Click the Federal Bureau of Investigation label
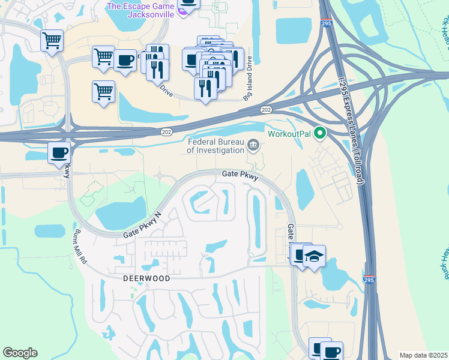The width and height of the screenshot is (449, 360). (215, 146)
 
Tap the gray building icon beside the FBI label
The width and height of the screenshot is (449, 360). (253, 144)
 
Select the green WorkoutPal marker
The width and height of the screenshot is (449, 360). (320, 133)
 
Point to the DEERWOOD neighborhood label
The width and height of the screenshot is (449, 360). (146, 279)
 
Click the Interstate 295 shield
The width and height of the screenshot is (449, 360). (370, 280)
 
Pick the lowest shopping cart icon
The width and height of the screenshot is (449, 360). (103, 92)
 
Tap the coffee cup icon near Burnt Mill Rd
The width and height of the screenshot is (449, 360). (59, 152)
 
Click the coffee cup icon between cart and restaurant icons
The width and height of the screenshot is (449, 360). (125, 59)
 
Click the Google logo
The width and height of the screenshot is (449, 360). (20, 353)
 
